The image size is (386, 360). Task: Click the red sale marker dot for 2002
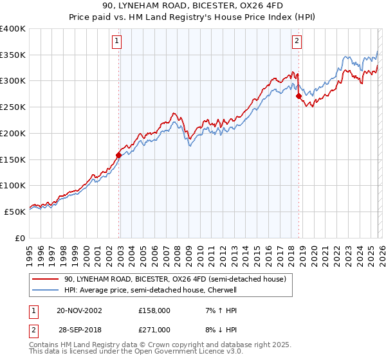coord(119,154)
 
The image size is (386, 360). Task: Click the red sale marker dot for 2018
coord(299,96)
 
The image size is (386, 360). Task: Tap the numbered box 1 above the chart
coord(117,42)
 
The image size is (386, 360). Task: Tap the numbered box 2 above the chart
coord(297,42)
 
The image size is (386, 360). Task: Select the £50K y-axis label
coord(14,211)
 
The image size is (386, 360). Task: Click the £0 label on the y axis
coord(19,237)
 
